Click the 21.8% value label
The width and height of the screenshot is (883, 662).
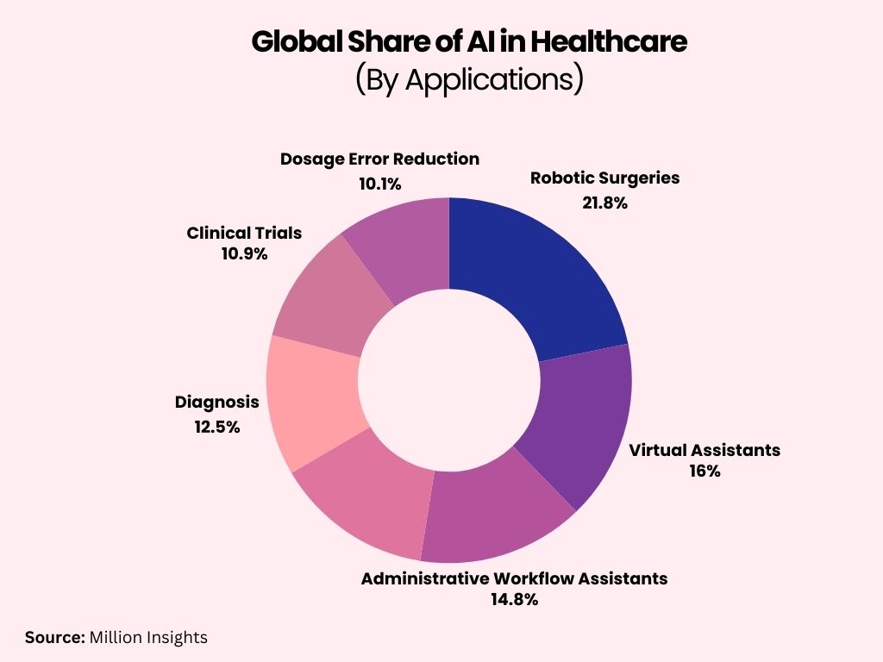(604, 203)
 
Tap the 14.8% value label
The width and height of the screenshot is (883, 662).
(514, 600)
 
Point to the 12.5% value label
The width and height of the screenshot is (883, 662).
(216, 427)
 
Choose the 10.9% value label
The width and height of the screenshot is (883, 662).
(244, 254)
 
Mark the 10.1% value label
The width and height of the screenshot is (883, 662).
(379, 184)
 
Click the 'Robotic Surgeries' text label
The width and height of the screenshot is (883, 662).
(604, 178)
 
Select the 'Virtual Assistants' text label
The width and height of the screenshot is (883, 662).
(704, 450)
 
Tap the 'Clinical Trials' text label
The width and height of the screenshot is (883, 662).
(244, 233)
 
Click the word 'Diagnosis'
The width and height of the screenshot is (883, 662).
(216, 402)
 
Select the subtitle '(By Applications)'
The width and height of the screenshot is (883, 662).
(469, 78)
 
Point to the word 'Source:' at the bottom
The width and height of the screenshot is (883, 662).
(53, 638)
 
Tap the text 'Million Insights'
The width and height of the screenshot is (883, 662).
(147, 638)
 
